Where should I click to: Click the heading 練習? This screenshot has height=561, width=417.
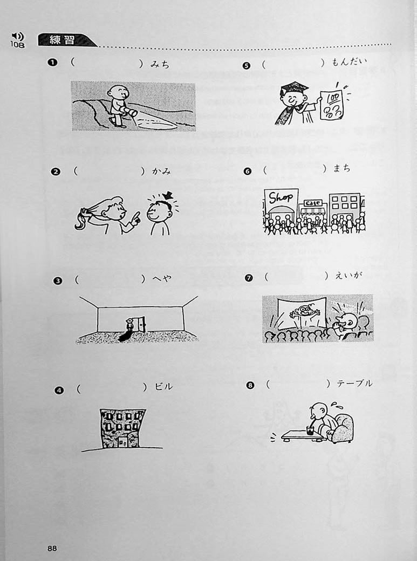click(x=61, y=40)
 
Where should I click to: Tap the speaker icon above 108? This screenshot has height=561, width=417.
click(x=17, y=36)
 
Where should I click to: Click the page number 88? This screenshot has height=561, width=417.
click(x=52, y=548)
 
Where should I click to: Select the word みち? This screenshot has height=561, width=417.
click(x=160, y=64)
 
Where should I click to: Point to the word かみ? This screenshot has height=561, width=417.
click(x=162, y=172)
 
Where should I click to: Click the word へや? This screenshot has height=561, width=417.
click(x=162, y=279)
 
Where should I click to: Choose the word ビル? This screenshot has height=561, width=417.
click(x=163, y=386)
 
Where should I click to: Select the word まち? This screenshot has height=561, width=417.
click(x=342, y=168)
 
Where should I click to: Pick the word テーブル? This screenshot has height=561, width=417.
click(x=354, y=384)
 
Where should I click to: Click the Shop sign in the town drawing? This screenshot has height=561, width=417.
click(x=281, y=198)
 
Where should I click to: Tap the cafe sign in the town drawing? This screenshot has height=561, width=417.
click(x=313, y=203)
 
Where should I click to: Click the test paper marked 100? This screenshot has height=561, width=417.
click(x=331, y=105)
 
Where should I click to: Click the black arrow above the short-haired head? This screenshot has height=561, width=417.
click(x=167, y=195)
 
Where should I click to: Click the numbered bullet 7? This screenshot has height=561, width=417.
click(x=249, y=278)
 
